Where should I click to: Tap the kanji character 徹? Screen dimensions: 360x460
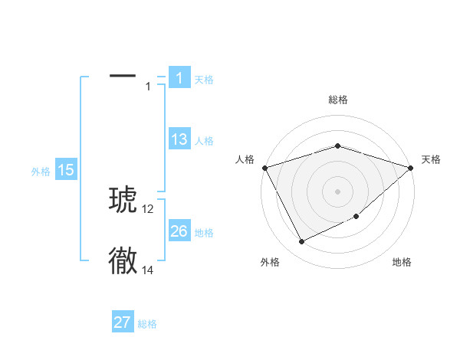pyautogui.click(x=123, y=260)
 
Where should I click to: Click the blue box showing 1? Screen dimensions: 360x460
pyautogui.click(x=179, y=78)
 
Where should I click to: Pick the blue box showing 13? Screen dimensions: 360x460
pyautogui.click(x=179, y=139)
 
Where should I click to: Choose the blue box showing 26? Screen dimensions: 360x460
pyautogui.click(x=179, y=231)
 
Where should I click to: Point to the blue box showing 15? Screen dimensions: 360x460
pyautogui.click(x=66, y=170)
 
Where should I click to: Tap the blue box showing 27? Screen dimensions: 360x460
pyautogui.click(x=123, y=322)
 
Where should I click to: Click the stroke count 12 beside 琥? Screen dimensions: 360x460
pyautogui.click(x=148, y=208)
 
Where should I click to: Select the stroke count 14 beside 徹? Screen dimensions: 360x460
pyautogui.click(x=148, y=270)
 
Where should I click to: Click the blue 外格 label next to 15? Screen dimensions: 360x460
pyautogui.click(x=41, y=172)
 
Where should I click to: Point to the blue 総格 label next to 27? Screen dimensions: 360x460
pyautogui.click(x=147, y=324)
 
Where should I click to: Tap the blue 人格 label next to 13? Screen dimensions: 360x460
pyautogui.click(x=204, y=141)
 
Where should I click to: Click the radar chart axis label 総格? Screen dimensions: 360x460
pyautogui.click(x=337, y=100)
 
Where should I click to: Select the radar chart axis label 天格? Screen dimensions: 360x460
pyautogui.click(x=431, y=159)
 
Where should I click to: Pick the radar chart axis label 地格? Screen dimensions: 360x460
pyautogui.click(x=402, y=263)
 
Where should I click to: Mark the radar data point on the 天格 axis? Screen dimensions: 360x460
pyautogui.click(x=411, y=167)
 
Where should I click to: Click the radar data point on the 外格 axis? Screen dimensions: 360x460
pyautogui.click(x=302, y=242)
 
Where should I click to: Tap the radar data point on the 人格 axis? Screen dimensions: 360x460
pyautogui.click(x=264, y=167)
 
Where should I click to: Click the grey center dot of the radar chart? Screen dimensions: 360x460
pyautogui.click(x=337, y=191)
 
